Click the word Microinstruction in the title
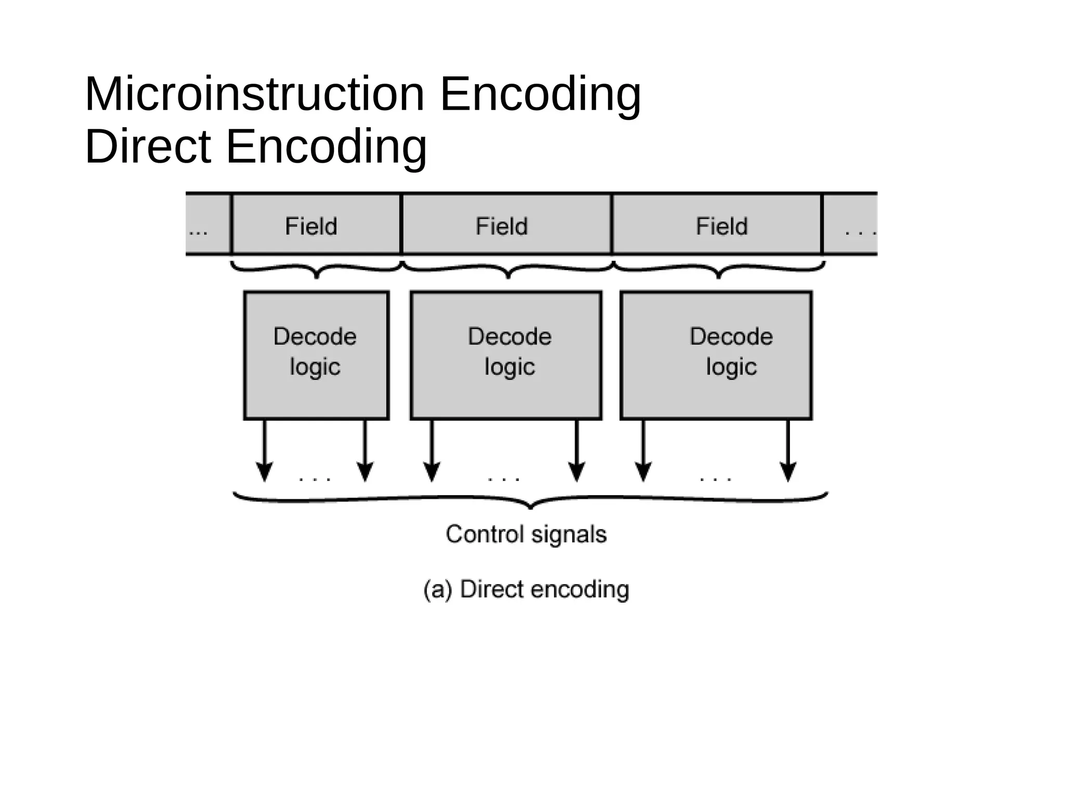(x=255, y=95)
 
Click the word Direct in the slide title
(x=148, y=147)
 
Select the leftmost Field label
(x=311, y=227)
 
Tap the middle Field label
(x=502, y=227)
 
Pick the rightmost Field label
(x=722, y=227)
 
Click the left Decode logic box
(x=316, y=355)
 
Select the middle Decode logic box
(x=506, y=355)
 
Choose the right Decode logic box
(x=716, y=355)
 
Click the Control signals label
(x=526, y=535)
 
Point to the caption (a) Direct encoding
(x=526, y=590)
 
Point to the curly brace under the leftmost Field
(x=316, y=270)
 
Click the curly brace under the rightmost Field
(x=719, y=270)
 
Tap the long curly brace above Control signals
(x=530, y=500)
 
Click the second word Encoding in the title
(x=326, y=147)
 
